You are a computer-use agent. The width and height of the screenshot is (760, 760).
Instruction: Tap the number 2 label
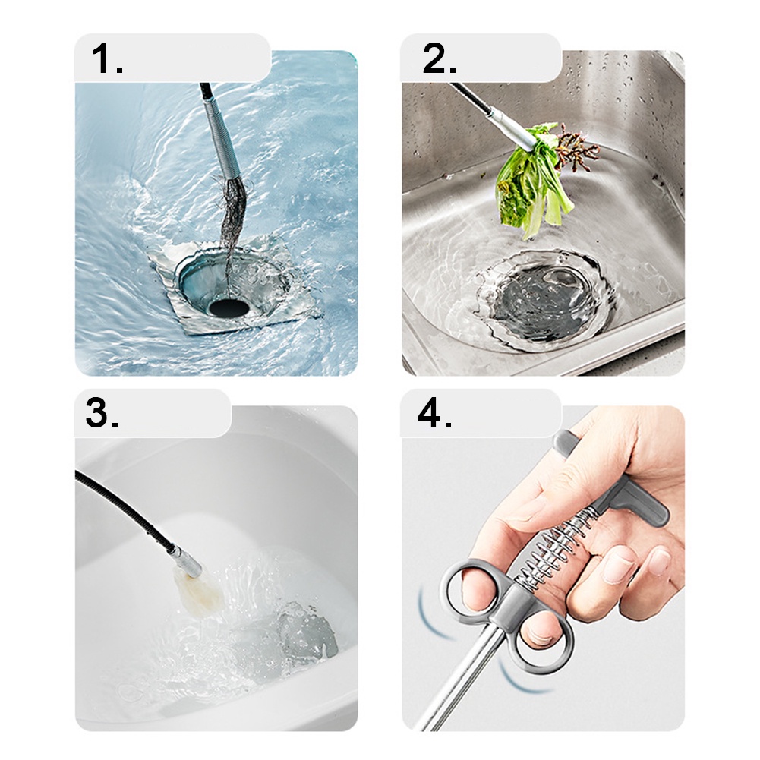[439, 60]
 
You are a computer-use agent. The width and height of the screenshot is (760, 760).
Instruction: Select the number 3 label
[102, 414]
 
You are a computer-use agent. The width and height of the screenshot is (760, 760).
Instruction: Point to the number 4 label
[435, 414]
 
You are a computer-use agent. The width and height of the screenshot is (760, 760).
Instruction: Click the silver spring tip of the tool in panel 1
[220, 144]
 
